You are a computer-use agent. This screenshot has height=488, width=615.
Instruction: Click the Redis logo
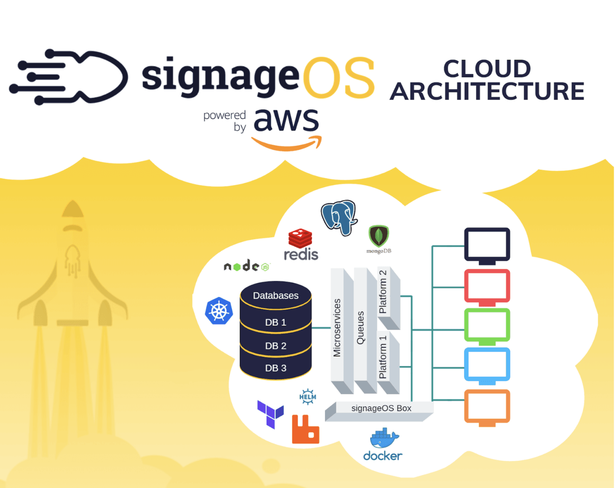click(300, 244)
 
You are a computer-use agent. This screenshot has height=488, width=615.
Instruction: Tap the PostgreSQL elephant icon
click(339, 217)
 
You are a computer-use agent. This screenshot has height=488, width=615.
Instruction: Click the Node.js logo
click(246, 266)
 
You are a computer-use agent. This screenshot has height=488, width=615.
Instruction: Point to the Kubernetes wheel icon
click(219, 311)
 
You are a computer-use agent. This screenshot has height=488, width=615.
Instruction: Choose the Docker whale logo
click(383, 444)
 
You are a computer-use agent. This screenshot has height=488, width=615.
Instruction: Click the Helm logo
click(307, 397)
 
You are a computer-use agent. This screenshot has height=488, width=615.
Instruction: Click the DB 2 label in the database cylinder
click(276, 346)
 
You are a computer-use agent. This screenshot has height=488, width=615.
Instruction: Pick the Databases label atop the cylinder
click(276, 296)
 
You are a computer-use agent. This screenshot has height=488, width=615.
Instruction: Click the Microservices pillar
click(337, 328)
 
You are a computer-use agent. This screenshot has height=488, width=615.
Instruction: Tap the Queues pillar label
click(361, 328)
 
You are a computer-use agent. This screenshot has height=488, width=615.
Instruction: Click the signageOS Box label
click(381, 408)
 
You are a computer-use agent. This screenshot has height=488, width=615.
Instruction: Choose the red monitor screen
click(487, 286)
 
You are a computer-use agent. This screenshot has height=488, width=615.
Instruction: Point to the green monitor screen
click(487, 325)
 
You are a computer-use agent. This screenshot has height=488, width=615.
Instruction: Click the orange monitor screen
click(487, 406)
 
